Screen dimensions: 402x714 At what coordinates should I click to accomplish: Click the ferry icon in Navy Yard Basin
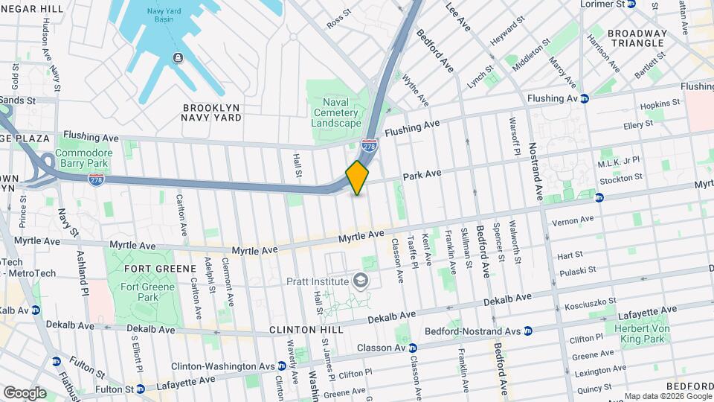[x=178, y=58]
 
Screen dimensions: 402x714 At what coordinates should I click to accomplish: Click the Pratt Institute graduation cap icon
[x=361, y=281]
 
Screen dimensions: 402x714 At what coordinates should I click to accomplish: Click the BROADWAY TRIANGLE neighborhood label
[x=637, y=38]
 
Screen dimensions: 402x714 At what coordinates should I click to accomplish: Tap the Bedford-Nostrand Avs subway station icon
[x=527, y=331]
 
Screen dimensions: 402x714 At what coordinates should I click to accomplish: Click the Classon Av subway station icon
[x=413, y=348]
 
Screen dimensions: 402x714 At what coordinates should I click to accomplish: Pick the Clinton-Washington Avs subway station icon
[x=282, y=366]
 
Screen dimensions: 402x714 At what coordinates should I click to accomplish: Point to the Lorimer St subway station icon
[x=631, y=4]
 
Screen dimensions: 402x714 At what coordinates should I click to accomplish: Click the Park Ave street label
[x=422, y=174]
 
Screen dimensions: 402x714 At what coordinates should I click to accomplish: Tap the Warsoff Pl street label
[x=512, y=135]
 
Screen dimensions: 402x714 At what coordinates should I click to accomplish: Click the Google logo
[x=25, y=392]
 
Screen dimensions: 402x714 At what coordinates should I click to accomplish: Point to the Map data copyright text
[x=666, y=396]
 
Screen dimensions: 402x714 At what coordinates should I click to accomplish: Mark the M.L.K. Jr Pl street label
[x=619, y=163]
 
